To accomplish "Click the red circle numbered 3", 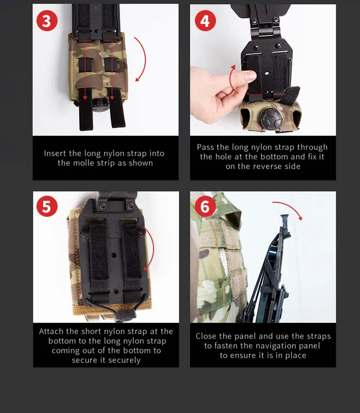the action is [47, 21].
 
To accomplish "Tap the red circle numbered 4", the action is [205, 21].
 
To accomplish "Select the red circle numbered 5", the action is [47, 206].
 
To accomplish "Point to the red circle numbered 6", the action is [205, 206].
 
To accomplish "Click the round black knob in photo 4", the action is [271, 119].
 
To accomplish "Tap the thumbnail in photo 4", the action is [250, 75].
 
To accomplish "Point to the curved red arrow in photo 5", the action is [152, 247].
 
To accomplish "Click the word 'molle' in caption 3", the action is [84, 163].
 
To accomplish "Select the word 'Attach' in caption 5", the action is [51, 331].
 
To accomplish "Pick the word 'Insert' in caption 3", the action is [55, 153].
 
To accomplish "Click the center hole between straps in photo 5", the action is [114, 255].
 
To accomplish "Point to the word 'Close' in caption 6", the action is [206, 336].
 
